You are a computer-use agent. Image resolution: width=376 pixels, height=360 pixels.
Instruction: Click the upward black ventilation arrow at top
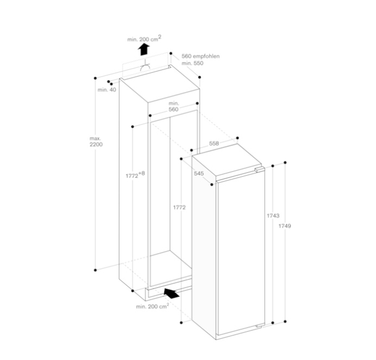tap(144, 50)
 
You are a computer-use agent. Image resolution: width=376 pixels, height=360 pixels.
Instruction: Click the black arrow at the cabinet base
tap(171, 293)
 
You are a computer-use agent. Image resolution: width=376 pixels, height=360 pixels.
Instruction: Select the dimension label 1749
tap(285, 226)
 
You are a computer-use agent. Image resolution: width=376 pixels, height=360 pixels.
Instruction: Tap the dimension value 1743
tap(273, 216)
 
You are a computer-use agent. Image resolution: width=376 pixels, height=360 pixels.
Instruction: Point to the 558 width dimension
tap(214, 143)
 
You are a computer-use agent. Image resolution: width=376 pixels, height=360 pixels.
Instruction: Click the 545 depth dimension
tap(199, 173)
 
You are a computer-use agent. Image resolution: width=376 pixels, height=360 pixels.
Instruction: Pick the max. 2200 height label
tap(96, 142)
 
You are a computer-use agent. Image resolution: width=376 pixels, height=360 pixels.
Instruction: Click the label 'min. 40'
tap(107, 89)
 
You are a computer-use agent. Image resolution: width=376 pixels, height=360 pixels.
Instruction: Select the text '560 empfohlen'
tap(200, 56)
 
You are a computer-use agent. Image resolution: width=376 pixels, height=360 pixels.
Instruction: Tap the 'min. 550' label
tap(192, 63)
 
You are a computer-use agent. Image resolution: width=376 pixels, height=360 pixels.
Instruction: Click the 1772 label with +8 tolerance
tap(135, 175)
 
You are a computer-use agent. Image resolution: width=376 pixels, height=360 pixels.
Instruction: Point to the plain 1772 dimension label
tap(180, 207)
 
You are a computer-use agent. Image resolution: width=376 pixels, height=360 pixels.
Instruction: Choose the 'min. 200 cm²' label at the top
tap(144, 38)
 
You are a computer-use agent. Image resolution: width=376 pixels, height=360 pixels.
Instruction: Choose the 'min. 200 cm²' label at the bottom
tap(152, 306)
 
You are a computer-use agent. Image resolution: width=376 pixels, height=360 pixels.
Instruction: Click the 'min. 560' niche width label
tap(174, 106)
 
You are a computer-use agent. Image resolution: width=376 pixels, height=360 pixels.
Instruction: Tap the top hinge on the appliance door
tap(259, 170)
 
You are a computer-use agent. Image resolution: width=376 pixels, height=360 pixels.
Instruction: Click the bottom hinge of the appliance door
tap(260, 325)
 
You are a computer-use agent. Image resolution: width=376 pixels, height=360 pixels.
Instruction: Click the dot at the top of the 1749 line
tap(285, 163)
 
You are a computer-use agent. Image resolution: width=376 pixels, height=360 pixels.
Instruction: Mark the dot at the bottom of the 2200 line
tap(95, 270)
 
